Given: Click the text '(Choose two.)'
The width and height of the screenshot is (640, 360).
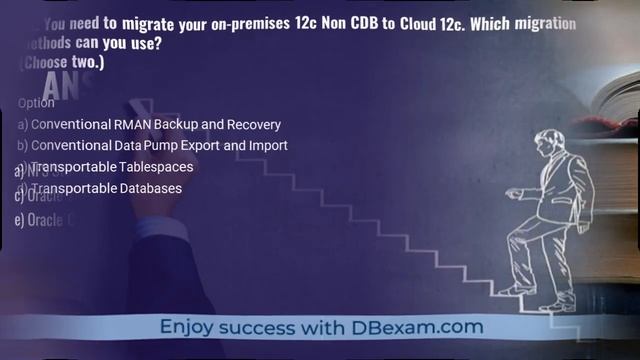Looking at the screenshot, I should (x=62, y=62).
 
